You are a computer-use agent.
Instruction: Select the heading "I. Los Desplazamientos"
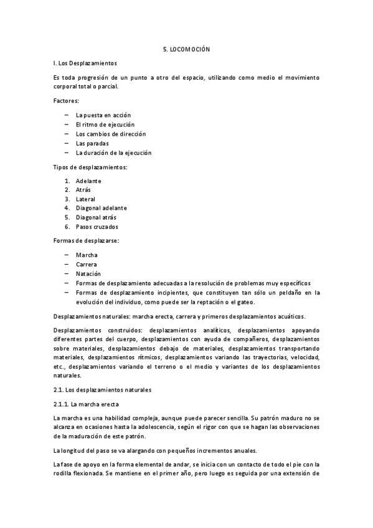click(x=85, y=63)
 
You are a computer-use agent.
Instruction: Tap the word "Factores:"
click(x=67, y=100)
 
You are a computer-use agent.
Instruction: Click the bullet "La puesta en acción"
click(x=103, y=115)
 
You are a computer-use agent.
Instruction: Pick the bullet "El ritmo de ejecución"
click(x=105, y=125)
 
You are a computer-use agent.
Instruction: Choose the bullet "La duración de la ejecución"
click(x=113, y=153)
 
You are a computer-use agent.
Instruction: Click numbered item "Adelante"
click(x=88, y=181)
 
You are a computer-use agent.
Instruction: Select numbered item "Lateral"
click(x=85, y=199)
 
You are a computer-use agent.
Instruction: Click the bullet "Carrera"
click(x=87, y=265)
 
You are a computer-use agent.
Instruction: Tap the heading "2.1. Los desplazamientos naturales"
click(x=102, y=390)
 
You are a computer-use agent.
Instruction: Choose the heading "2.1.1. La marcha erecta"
click(x=86, y=404)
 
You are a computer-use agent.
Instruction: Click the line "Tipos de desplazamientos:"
click(x=90, y=167)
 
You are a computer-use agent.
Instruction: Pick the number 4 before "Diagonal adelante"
click(x=67, y=208)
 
